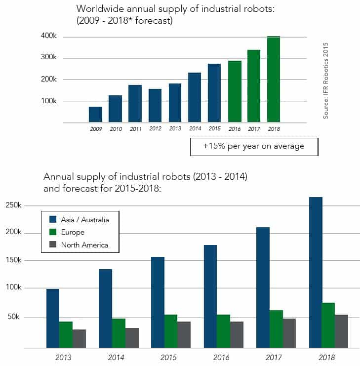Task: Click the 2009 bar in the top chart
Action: (95, 115)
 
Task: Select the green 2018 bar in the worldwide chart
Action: (274, 79)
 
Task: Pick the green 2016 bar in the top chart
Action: (235, 91)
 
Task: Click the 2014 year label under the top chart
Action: (195, 128)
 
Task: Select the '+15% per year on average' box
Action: (254, 146)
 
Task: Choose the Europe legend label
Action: (73, 232)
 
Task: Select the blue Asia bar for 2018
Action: (316, 272)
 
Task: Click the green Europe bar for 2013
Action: (66, 334)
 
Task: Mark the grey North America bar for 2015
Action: (184, 334)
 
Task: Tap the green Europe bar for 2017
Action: (276, 328)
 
